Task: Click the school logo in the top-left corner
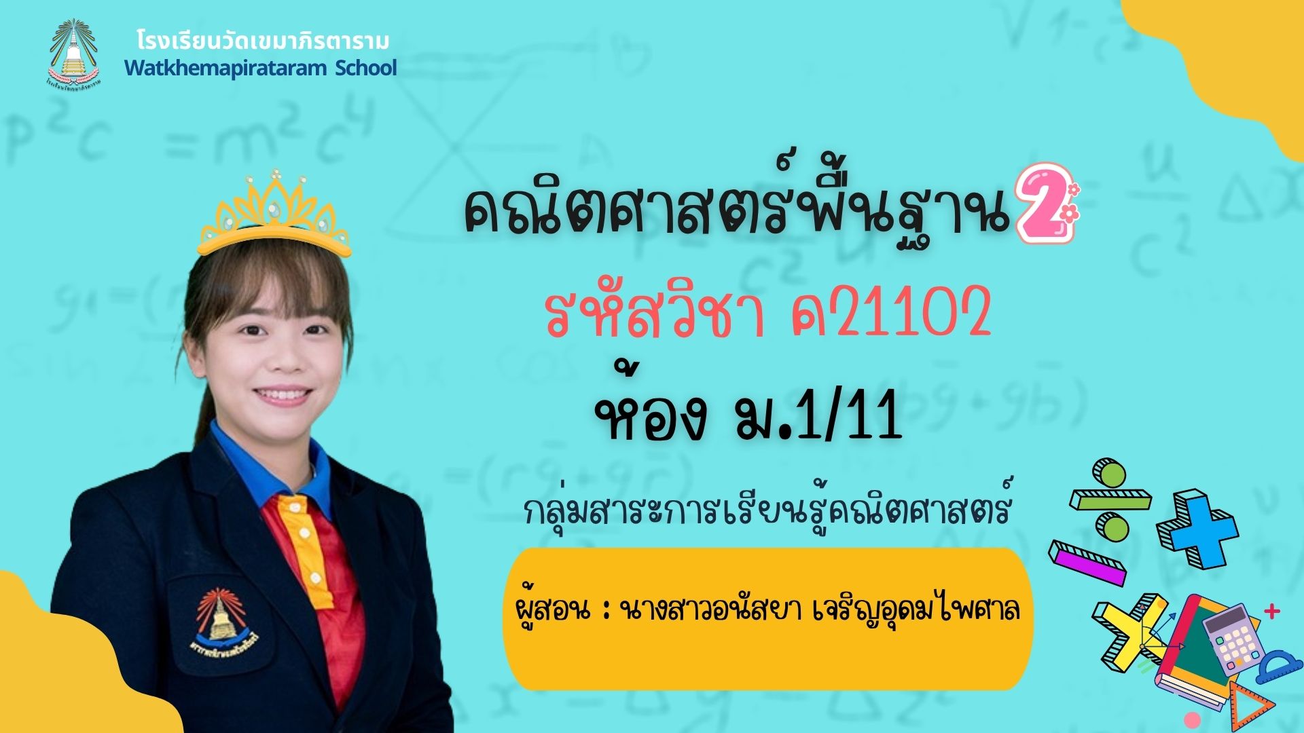[x=73, y=54]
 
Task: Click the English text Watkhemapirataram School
[x=260, y=69]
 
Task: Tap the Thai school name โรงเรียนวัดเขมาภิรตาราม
[x=263, y=41]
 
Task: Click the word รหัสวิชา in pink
[x=655, y=315]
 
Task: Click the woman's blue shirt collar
[x=272, y=468]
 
